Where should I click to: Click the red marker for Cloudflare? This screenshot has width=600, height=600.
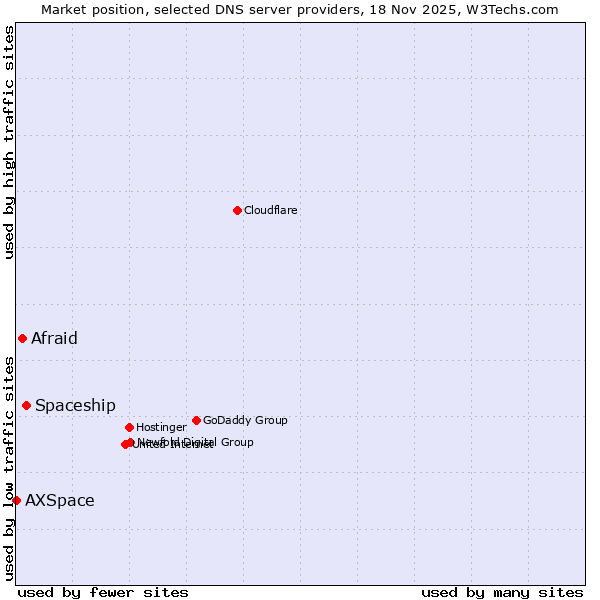click(x=237, y=210)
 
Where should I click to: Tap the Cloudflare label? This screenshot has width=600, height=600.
click(x=271, y=210)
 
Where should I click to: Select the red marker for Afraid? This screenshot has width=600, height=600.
click(x=22, y=338)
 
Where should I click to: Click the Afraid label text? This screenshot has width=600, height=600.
click(x=54, y=338)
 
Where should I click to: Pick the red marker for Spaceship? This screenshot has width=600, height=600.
click(x=26, y=405)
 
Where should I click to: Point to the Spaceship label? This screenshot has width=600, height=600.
click(x=75, y=405)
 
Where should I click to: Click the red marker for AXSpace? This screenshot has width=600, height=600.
click(x=16, y=500)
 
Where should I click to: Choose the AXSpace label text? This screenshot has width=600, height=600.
click(x=60, y=500)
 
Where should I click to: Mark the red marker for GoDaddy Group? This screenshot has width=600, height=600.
click(x=196, y=420)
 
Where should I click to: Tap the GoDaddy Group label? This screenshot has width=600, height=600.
click(x=245, y=420)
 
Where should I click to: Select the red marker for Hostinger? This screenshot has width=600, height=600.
click(x=129, y=427)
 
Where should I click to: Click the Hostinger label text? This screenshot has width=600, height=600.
click(x=161, y=427)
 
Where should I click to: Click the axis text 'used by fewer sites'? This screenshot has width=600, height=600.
click(x=103, y=592)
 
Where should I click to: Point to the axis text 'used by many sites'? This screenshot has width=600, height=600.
click(x=502, y=592)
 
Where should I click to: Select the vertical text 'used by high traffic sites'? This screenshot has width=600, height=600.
click(x=9, y=142)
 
